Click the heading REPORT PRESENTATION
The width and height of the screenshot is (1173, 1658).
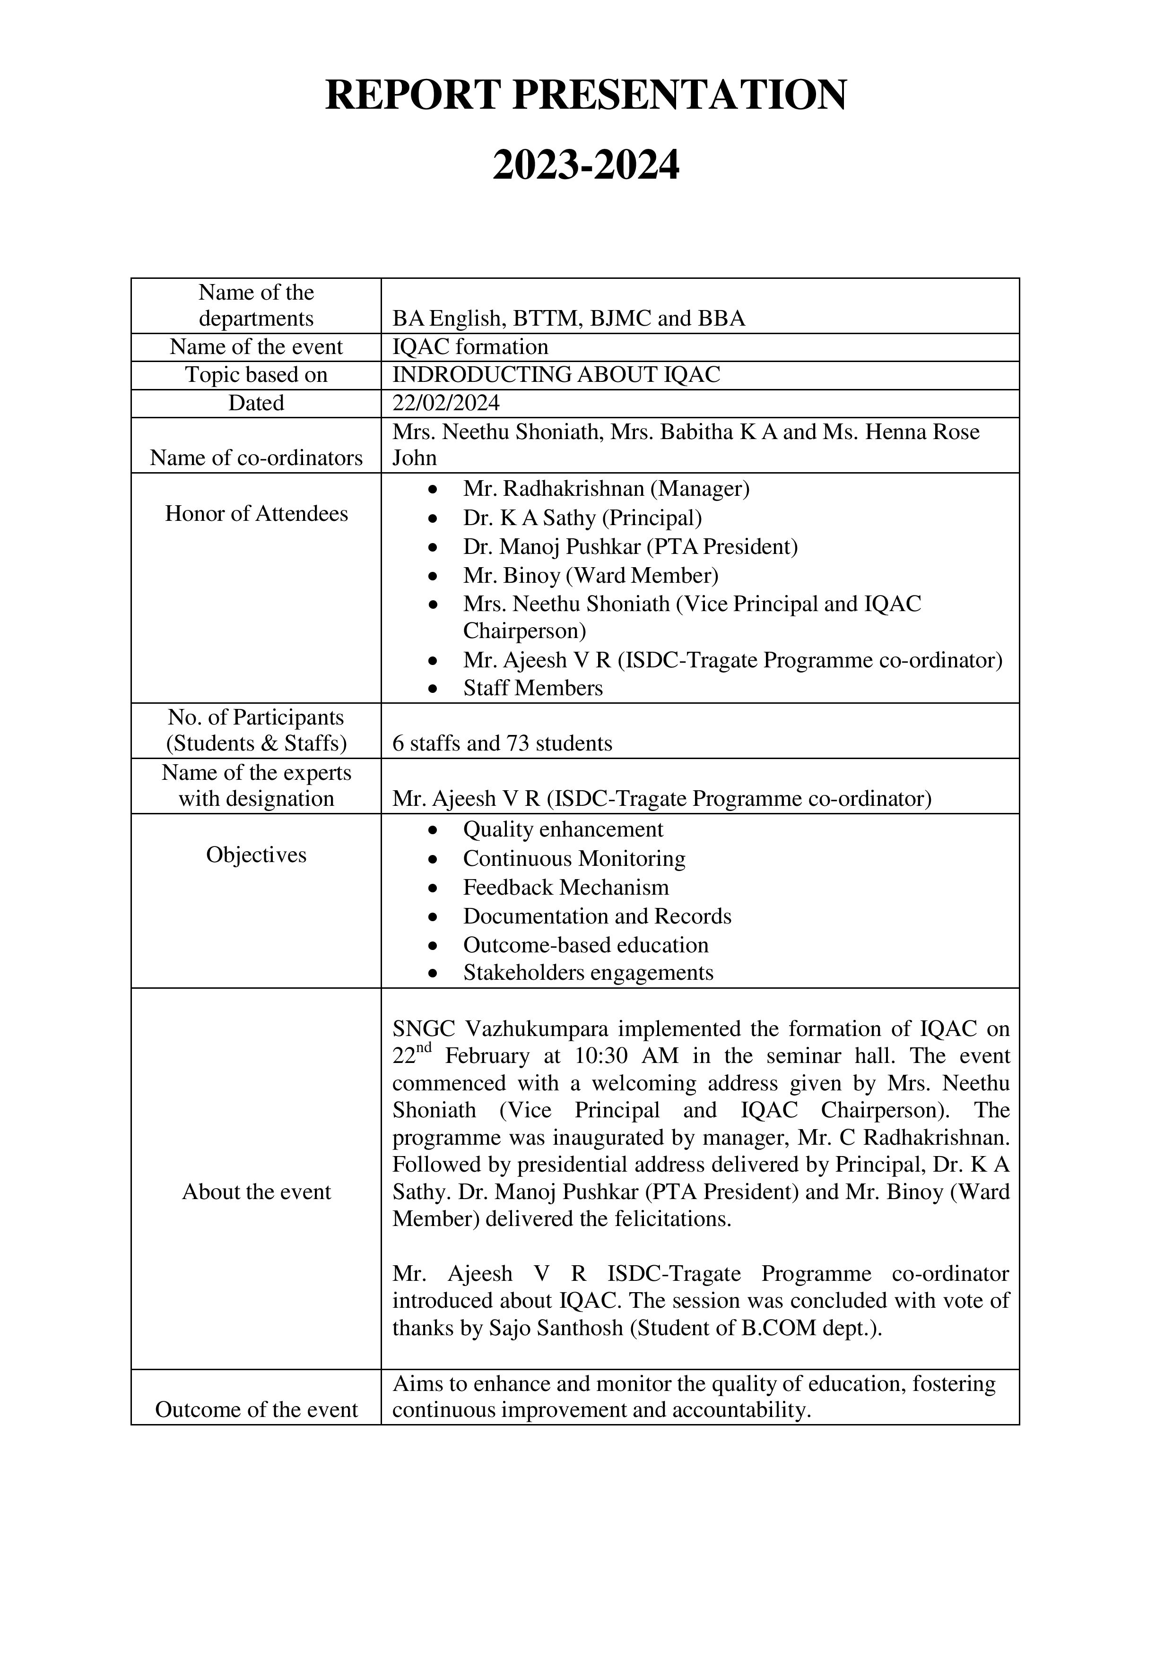pyautogui.click(x=586, y=95)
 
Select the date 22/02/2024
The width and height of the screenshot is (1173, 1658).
pyautogui.click(x=446, y=403)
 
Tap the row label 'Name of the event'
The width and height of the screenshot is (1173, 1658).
pyautogui.click(x=256, y=347)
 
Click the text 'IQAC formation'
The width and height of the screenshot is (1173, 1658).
pyautogui.click(x=470, y=347)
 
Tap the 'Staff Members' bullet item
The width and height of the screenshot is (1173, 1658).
pyautogui.click(x=532, y=688)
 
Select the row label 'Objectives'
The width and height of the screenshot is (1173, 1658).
pyautogui.click(x=256, y=855)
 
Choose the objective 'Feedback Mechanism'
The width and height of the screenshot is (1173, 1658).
pyautogui.click(x=565, y=888)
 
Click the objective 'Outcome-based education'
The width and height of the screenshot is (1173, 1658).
pyautogui.click(x=585, y=945)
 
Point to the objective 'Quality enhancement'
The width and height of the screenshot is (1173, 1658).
pyautogui.click(x=563, y=830)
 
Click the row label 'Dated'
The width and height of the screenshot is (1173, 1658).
pyautogui.click(x=256, y=403)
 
